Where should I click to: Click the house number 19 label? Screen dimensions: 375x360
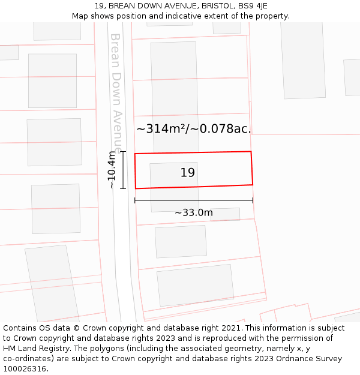(188, 173)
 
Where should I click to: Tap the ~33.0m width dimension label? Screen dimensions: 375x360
(194, 212)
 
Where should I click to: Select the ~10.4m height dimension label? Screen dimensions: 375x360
(112, 170)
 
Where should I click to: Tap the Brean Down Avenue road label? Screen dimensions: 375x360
(116, 93)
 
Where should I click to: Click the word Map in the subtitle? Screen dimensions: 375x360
(80, 16)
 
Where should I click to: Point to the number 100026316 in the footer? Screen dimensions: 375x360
(24, 368)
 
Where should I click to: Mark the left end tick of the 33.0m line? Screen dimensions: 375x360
(135, 200)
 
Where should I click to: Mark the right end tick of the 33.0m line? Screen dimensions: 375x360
(253, 200)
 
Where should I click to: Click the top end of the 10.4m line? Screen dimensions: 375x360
(123, 152)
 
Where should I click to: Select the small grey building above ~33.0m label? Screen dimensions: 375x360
(225, 214)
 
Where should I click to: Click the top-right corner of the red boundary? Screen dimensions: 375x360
(251, 152)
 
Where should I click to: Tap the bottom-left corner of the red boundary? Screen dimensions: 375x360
(136, 188)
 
